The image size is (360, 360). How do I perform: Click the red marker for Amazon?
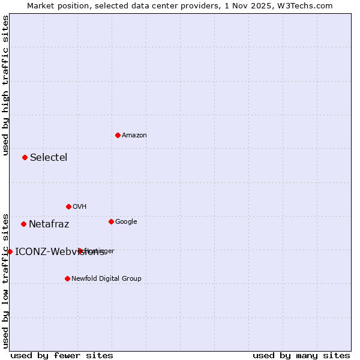[x=118, y=135]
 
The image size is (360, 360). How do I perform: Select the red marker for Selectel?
[x=25, y=157]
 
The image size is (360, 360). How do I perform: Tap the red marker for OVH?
[x=68, y=206]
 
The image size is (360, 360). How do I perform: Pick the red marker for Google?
[x=111, y=221]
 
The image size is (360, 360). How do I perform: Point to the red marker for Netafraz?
[x=23, y=224]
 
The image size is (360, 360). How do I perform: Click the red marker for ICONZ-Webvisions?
[x=10, y=251]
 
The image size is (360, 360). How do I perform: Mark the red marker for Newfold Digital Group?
[x=67, y=278]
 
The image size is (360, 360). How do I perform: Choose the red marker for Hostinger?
[x=80, y=251]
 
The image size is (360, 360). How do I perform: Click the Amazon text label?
[x=134, y=136]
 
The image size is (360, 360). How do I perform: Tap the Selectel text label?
[x=49, y=158]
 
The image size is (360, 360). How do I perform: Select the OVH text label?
[x=80, y=207]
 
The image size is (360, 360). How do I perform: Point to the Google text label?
[x=126, y=222]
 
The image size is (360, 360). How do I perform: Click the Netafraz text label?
[x=49, y=224]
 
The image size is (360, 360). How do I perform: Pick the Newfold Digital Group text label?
[x=106, y=279]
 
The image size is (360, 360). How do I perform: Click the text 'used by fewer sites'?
[x=62, y=355]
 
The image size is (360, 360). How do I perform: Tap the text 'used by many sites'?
[x=301, y=355]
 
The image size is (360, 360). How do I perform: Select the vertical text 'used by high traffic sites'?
[x=5, y=85]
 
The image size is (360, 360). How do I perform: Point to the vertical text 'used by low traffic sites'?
[x=5, y=280]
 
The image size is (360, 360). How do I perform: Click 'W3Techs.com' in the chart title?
[x=308, y=5]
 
